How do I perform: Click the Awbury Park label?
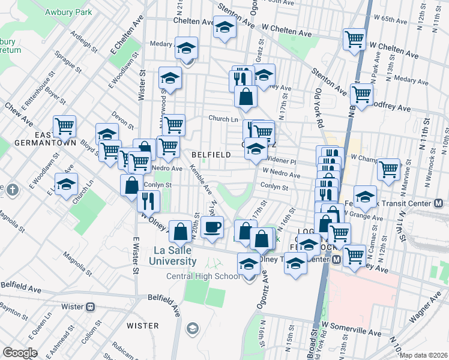(x=70, y=11)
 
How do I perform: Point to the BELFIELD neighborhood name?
(x=211, y=155)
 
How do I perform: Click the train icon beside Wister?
(x=91, y=307)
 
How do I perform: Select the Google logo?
(x=20, y=353)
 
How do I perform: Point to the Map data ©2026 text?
(x=424, y=355)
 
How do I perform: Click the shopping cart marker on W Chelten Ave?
(x=354, y=38)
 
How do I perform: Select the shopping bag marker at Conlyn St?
(x=131, y=185)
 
